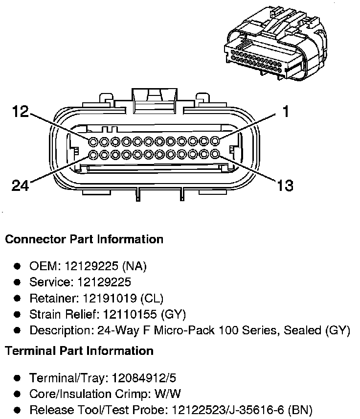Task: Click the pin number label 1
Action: (285, 112)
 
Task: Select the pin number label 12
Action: (21, 112)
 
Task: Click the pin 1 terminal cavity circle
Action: (214, 141)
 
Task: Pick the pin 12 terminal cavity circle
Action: (93, 141)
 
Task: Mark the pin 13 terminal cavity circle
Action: (214, 155)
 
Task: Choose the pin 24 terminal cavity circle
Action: (93, 155)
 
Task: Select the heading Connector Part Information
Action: (84, 239)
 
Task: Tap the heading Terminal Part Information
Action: (79, 350)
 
